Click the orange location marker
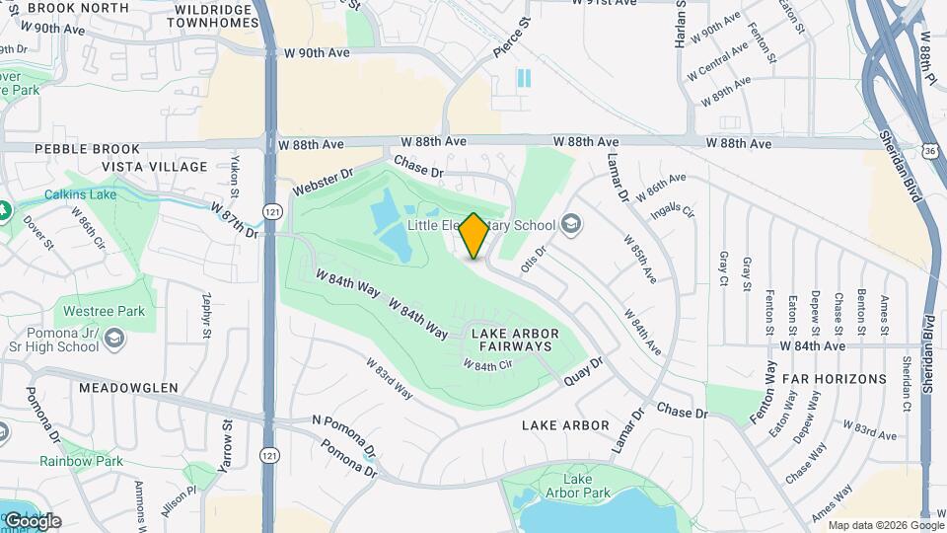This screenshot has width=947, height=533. [473, 236]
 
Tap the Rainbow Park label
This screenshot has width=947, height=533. [81, 461]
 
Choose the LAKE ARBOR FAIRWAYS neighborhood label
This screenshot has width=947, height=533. [525, 341]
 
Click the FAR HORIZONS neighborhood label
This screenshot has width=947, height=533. [834, 379]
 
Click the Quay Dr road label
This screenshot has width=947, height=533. [583, 371]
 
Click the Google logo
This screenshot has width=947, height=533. [33, 520]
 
